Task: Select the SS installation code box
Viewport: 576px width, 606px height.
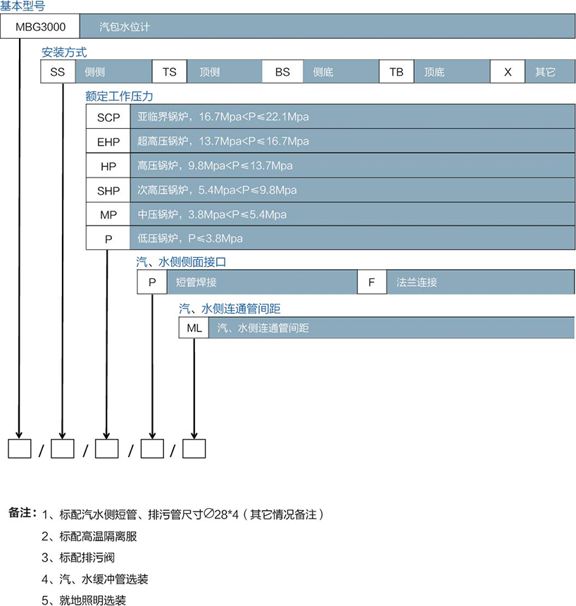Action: coord(57,72)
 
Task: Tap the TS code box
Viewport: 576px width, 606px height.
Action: coord(170,72)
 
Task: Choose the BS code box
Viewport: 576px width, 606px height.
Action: coord(282,72)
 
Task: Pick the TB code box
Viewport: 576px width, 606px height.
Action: coord(396,72)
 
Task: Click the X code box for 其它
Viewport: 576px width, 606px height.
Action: coord(508,72)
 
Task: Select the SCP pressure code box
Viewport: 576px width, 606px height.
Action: coord(108,117)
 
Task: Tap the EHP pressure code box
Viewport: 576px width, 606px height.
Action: coord(108,142)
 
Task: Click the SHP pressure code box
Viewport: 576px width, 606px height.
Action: coord(108,190)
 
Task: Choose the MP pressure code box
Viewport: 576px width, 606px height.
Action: coord(108,214)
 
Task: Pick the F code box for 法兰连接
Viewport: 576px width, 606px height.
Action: coord(372,283)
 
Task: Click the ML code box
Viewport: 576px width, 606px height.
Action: coord(194,328)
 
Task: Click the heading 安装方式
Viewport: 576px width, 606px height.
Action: coord(65,51)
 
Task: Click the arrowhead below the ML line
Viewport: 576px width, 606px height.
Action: coord(194,431)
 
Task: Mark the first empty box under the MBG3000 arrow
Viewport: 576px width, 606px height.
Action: coord(19,448)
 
